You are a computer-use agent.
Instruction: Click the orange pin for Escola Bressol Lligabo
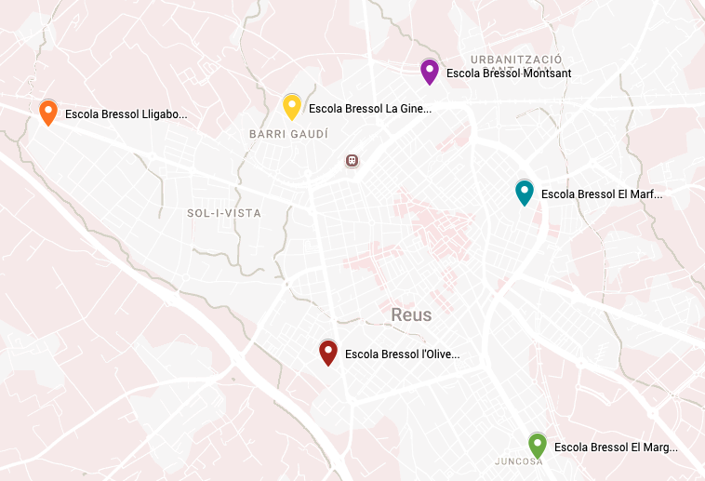(x=48, y=112)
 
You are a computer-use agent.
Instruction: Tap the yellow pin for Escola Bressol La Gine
(x=291, y=106)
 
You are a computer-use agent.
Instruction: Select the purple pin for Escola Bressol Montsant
(x=429, y=71)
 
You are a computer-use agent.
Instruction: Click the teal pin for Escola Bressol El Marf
(x=525, y=192)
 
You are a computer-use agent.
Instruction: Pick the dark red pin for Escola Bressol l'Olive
(x=328, y=352)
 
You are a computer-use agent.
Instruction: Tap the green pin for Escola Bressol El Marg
(x=537, y=445)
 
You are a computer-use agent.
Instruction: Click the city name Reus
(x=411, y=314)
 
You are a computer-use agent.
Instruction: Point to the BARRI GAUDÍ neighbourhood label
(x=288, y=135)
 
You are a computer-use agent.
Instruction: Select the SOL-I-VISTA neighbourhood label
(x=224, y=213)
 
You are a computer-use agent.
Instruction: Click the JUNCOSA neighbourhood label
(x=519, y=461)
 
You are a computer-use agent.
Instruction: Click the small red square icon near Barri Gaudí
(x=352, y=161)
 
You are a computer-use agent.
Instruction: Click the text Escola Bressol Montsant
(x=508, y=73)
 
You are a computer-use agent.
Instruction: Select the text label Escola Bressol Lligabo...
(x=126, y=114)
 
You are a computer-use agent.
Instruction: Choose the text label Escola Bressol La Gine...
(x=369, y=109)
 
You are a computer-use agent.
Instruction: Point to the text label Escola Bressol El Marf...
(x=602, y=194)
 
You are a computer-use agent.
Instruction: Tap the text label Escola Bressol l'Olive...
(x=402, y=354)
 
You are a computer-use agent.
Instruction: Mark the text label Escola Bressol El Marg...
(x=615, y=448)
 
